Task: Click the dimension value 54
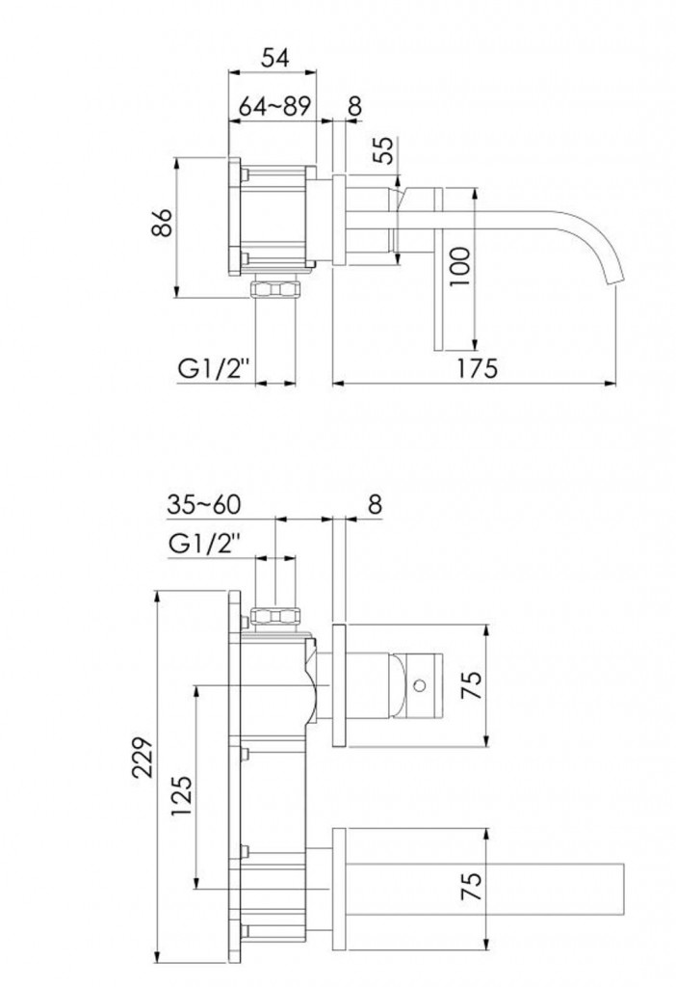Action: pyautogui.click(x=274, y=58)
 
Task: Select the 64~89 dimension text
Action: pyautogui.click(x=274, y=107)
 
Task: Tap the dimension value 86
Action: pyautogui.click(x=162, y=222)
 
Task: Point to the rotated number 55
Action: pyautogui.click(x=385, y=149)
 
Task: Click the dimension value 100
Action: pyautogui.click(x=460, y=266)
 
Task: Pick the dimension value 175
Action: pyautogui.click(x=476, y=368)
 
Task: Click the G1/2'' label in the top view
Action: pyautogui.click(x=209, y=368)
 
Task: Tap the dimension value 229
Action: pyautogui.click(x=143, y=758)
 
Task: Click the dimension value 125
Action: pyautogui.click(x=182, y=795)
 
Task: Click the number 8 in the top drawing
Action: pyautogui.click(x=354, y=107)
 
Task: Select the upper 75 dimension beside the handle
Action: pyautogui.click(x=472, y=684)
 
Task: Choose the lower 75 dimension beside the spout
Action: pyautogui.click(x=472, y=887)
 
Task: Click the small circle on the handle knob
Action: pyautogui.click(x=421, y=685)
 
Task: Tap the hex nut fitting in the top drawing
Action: pyautogui.click(x=275, y=289)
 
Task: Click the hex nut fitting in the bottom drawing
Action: pyautogui.click(x=275, y=616)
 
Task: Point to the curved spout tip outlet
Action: pyautogui.click(x=613, y=280)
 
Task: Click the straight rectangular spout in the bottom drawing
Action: pyautogui.click(x=484, y=888)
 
